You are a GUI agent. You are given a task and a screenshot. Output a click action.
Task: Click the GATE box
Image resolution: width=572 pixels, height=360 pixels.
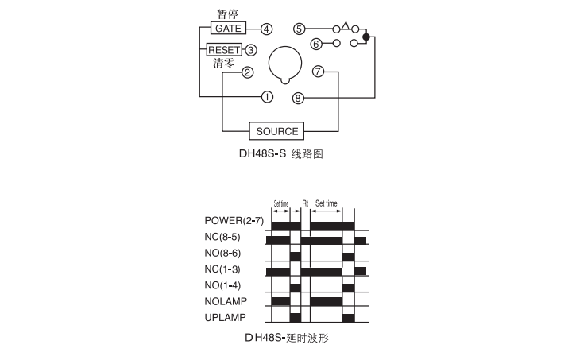point(228,28)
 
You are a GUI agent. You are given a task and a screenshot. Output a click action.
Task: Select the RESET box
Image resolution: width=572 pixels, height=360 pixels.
point(224,49)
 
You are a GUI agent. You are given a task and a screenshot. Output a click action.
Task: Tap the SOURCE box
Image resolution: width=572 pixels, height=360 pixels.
point(276,131)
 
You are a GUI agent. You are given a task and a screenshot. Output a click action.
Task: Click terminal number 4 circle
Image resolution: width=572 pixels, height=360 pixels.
point(267,29)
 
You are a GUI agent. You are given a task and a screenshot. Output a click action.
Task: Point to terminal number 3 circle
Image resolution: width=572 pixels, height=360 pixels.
point(251,50)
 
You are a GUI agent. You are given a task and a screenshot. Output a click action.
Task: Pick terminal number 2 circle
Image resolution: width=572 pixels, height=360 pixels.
point(247,72)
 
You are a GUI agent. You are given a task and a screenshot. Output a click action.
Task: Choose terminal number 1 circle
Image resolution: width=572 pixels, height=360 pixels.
point(267,97)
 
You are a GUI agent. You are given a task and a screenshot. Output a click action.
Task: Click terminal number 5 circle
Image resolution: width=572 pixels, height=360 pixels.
point(300,29)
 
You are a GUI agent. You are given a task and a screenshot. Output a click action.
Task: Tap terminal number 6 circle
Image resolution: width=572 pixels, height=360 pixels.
point(316,45)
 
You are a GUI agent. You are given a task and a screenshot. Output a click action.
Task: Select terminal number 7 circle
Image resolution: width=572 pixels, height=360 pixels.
point(318,71)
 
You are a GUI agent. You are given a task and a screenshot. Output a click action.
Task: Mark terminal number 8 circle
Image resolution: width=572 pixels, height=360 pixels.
point(298,98)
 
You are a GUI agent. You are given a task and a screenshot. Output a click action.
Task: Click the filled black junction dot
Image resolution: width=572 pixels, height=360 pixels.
point(366,37)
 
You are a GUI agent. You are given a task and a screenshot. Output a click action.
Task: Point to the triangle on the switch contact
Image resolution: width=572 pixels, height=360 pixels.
point(346,25)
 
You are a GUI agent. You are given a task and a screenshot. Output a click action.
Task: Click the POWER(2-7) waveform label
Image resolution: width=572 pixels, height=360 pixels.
point(234,221)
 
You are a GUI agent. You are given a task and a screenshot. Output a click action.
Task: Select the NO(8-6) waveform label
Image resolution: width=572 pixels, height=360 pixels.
point(222,253)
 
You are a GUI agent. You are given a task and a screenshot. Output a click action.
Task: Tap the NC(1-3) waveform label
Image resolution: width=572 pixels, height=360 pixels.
point(222,269)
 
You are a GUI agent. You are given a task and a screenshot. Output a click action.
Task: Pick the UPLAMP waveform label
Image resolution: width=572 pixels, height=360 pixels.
point(225,317)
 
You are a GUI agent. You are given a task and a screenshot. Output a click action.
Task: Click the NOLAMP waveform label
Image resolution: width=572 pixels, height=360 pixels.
point(226,301)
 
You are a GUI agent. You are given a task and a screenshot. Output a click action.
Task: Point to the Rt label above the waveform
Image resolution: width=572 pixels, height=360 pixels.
point(305,203)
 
